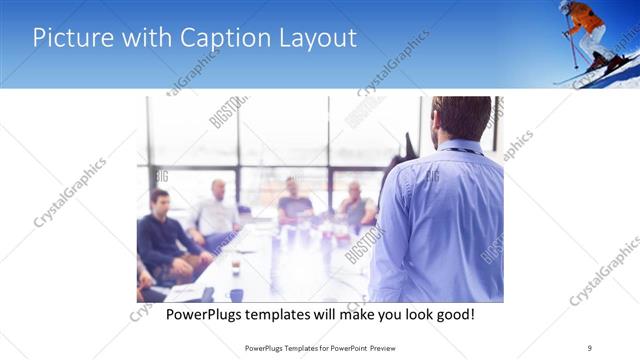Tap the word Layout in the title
pos(314,38)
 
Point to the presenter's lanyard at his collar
pos(462,151)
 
